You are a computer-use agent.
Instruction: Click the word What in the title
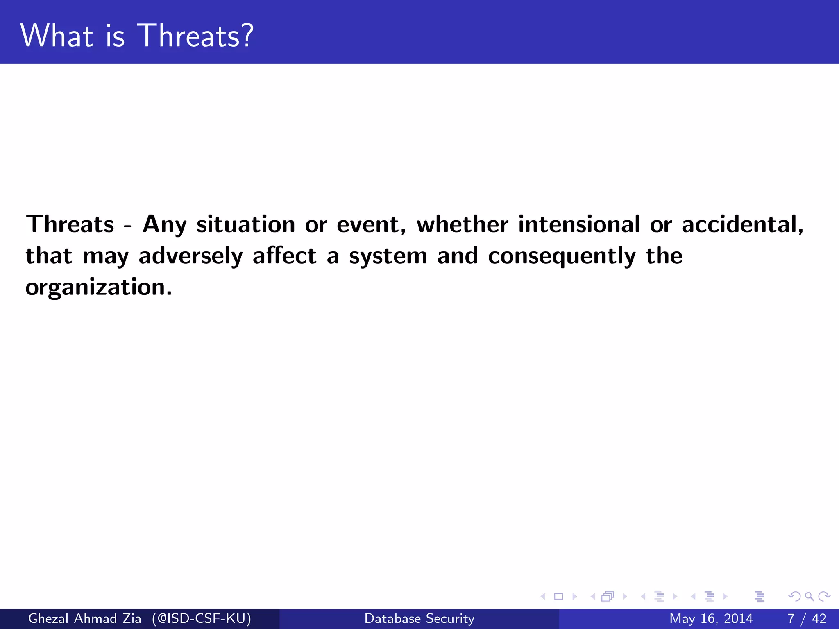pos(57,36)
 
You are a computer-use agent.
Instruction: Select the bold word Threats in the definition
pos(70,224)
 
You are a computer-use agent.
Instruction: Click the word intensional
pos(579,224)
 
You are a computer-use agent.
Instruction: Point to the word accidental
pos(742,224)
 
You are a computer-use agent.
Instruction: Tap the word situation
pos(246,224)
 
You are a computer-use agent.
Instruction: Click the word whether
pos(463,224)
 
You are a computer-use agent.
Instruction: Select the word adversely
pos(190,256)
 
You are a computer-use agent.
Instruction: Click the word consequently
pos(562,256)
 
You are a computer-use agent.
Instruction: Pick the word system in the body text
pos(388,256)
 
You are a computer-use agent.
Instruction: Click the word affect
pos(284,256)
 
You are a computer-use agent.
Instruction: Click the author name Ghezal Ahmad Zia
pos(84,618)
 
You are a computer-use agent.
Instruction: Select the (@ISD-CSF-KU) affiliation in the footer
pos(201,618)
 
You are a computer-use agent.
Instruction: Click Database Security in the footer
pos(419,618)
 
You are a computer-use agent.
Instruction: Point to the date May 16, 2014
pos(711,618)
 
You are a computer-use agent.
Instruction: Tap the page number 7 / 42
pos(807,618)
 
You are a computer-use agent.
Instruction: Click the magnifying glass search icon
pos(809,596)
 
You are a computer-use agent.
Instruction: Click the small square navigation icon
pos(558,596)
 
